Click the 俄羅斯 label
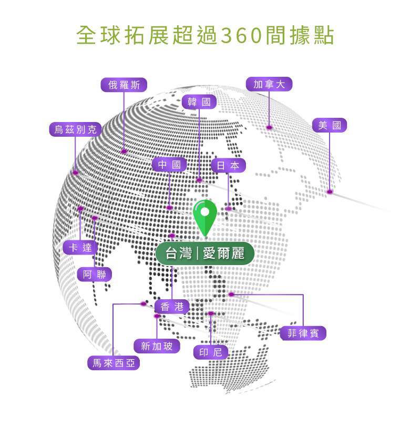(x=124, y=85)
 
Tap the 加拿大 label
(x=269, y=84)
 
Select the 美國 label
(x=330, y=125)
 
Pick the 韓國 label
(x=199, y=102)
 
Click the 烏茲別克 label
(x=75, y=129)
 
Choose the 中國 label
(x=169, y=165)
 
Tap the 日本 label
(x=228, y=166)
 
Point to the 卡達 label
(x=80, y=248)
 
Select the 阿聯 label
(x=95, y=275)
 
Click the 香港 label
(x=172, y=307)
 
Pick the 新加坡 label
(x=157, y=346)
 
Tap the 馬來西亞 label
(x=114, y=363)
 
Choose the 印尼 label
(x=211, y=352)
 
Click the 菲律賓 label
(x=303, y=333)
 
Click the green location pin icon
(x=205, y=216)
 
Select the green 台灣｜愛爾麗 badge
(x=205, y=253)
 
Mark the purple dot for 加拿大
(x=269, y=127)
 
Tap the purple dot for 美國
(x=330, y=191)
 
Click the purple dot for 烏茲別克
(x=75, y=173)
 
